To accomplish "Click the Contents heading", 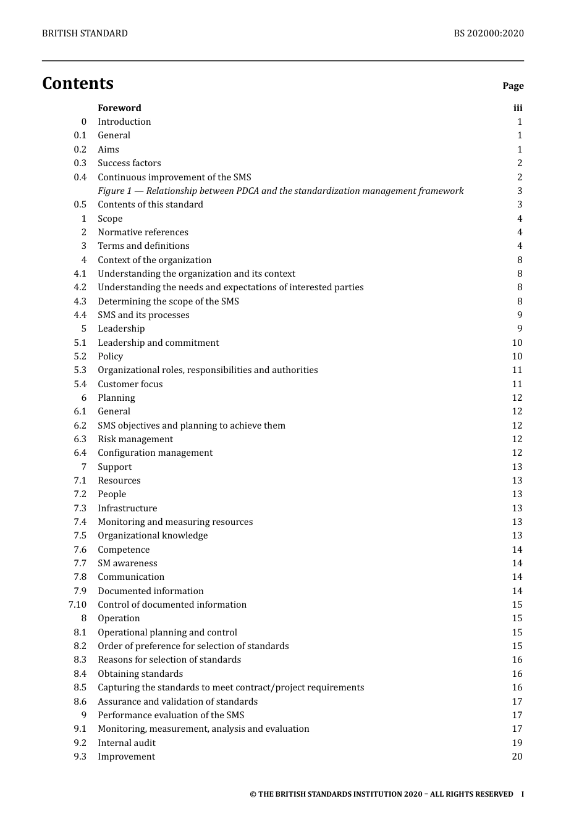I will click(78, 83).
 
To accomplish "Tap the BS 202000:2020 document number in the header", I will click(488, 33).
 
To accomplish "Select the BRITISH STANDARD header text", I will click(85, 33).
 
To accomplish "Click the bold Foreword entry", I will click(119, 108).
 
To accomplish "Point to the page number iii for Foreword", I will click(518, 108).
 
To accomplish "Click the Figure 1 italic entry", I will click(281, 191).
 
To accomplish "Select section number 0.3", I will click(80, 163).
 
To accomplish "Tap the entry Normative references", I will click(143, 232).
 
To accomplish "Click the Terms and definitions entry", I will click(143, 246).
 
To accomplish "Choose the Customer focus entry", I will click(130, 384).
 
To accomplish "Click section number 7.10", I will click(77, 605).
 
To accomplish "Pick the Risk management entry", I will click(135, 439).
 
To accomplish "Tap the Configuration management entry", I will click(155, 453).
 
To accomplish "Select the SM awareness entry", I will click(127, 563).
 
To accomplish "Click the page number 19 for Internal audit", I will click(517, 743).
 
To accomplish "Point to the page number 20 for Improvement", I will click(517, 757).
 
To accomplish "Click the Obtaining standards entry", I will click(140, 674).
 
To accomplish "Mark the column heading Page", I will click(513, 86).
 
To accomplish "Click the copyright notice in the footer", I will click(381, 794).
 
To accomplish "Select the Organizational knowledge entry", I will click(153, 535).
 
